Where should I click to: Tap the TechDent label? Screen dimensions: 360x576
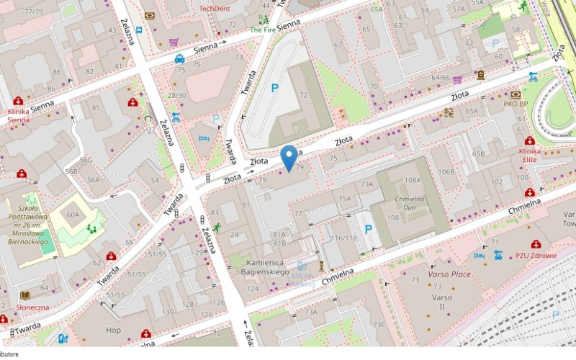click(x=215, y=8)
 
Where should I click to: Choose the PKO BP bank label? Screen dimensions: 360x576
click(x=516, y=104)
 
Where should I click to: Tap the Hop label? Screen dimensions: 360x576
click(x=114, y=330)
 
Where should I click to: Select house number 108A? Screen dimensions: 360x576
click(x=413, y=180)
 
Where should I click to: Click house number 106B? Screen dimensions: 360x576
click(x=446, y=171)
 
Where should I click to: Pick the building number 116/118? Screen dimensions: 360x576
click(x=343, y=238)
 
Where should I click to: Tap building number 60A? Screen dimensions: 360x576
click(x=73, y=215)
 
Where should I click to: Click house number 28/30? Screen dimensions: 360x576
click(x=176, y=95)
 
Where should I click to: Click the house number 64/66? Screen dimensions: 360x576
click(x=440, y=77)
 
